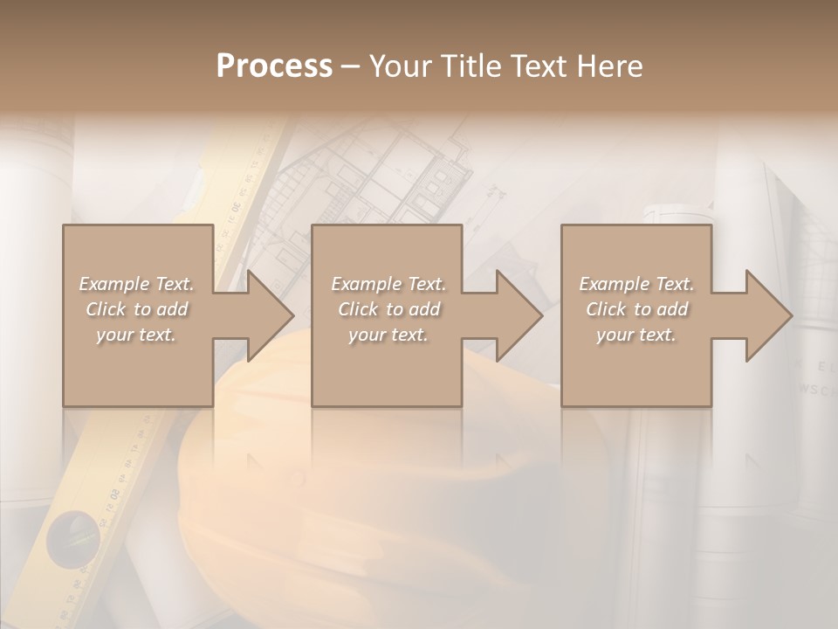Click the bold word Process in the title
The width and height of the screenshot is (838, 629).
[274, 66]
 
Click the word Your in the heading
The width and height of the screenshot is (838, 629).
[401, 66]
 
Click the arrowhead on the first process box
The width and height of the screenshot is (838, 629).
[267, 315]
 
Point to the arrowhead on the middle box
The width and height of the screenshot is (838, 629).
[516, 315]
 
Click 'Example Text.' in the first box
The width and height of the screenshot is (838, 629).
[137, 284]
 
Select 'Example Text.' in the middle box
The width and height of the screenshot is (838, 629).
[388, 284]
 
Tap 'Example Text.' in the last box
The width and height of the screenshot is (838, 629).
[636, 284]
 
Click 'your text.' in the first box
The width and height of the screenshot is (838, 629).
[136, 335]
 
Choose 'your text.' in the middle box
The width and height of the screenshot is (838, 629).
[388, 335]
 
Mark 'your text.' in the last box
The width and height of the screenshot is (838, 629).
[635, 335]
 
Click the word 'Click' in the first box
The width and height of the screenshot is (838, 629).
[106, 309]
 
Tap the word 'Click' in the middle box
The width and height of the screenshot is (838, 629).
[358, 309]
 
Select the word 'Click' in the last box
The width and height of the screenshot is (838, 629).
[606, 309]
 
